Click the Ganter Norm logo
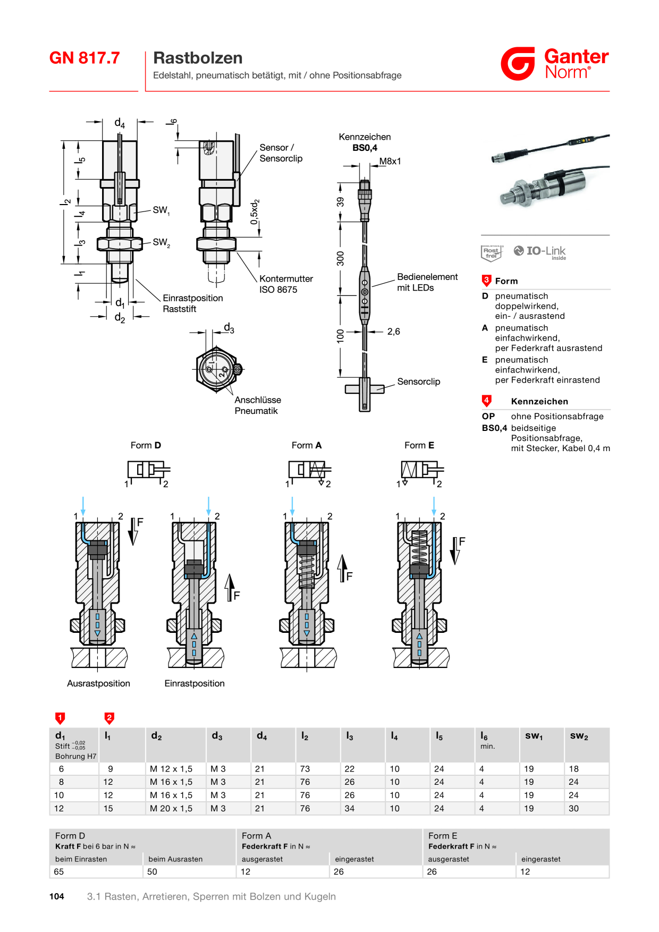coord(554,64)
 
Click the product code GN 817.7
coord(85,58)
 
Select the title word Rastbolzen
coord(198,58)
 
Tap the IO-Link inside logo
coord(539,252)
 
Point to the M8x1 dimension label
coord(390,162)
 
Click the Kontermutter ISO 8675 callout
coord(286,284)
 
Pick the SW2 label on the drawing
coord(162,243)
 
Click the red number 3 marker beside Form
coord(486,281)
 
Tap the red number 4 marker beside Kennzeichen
coord(486,401)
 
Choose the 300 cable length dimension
coord(341,259)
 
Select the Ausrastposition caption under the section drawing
coord(98,683)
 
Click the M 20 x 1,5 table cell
coord(171,808)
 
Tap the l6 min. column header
coord(487,740)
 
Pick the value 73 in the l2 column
coord(305,769)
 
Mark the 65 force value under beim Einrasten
coord(59,871)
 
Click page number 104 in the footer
coord(57,896)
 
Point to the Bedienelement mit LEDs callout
coord(427,282)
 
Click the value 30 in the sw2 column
coord(574,808)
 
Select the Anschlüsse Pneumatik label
coord(258,405)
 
